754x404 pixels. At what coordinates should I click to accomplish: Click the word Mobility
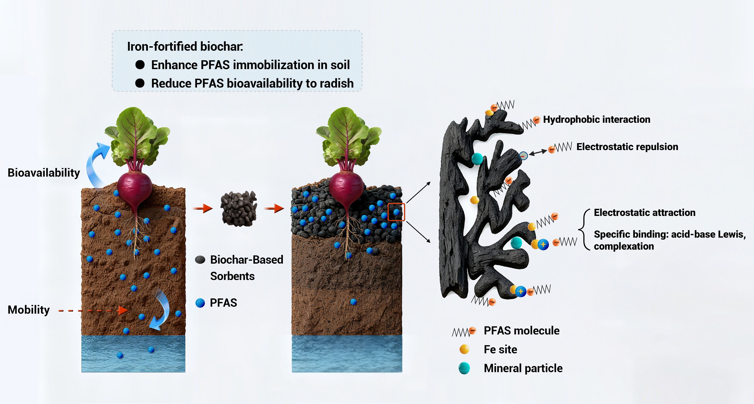[29, 310]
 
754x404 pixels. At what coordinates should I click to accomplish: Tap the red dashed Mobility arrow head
[123, 310]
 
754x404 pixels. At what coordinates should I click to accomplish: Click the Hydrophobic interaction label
[597, 119]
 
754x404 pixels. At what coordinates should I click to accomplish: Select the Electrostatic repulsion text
[627, 147]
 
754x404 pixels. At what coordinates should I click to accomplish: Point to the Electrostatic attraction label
[645, 212]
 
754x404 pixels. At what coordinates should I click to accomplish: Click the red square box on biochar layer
[396, 212]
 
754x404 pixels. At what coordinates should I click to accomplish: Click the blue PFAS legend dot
[200, 303]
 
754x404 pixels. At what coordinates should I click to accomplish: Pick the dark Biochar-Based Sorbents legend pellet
[200, 260]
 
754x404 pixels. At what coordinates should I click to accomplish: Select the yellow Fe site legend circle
[464, 349]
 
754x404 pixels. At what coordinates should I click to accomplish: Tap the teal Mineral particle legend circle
[464, 368]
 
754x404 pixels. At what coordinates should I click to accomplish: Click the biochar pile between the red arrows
[239, 209]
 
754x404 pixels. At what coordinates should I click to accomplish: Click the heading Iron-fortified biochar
[185, 47]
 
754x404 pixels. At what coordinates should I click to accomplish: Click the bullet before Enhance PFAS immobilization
[140, 65]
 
